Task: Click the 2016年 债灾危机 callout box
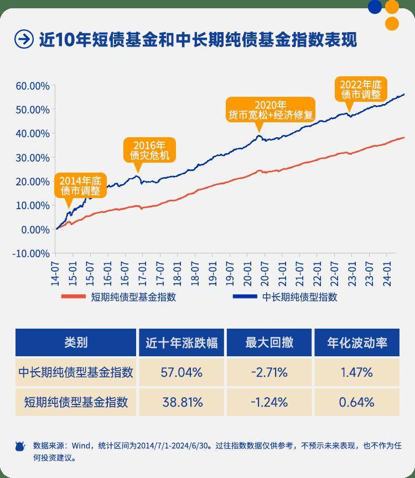pyautogui.click(x=149, y=150)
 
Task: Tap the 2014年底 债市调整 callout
pyautogui.click(x=80, y=185)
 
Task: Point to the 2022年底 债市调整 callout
pyautogui.click(x=360, y=89)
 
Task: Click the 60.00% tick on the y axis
pyautogui.click(x=33, y=86)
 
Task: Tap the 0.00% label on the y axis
pyautogui.click(x=35, y=230)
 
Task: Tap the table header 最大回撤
pyautogui.click(x=269, y=342)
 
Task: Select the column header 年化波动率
pyautogui.click(x=356, y=342)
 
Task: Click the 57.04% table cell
pyautogui.click(x=181, y=372)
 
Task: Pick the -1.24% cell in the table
pyautogui.click(x=269, y=402)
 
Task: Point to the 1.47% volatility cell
pyautogui.click(x=356, y=372)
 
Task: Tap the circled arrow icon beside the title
pyautogui.click(x=23, y=39)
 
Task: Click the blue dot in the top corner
pyautogui.click(x=375, y=7)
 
